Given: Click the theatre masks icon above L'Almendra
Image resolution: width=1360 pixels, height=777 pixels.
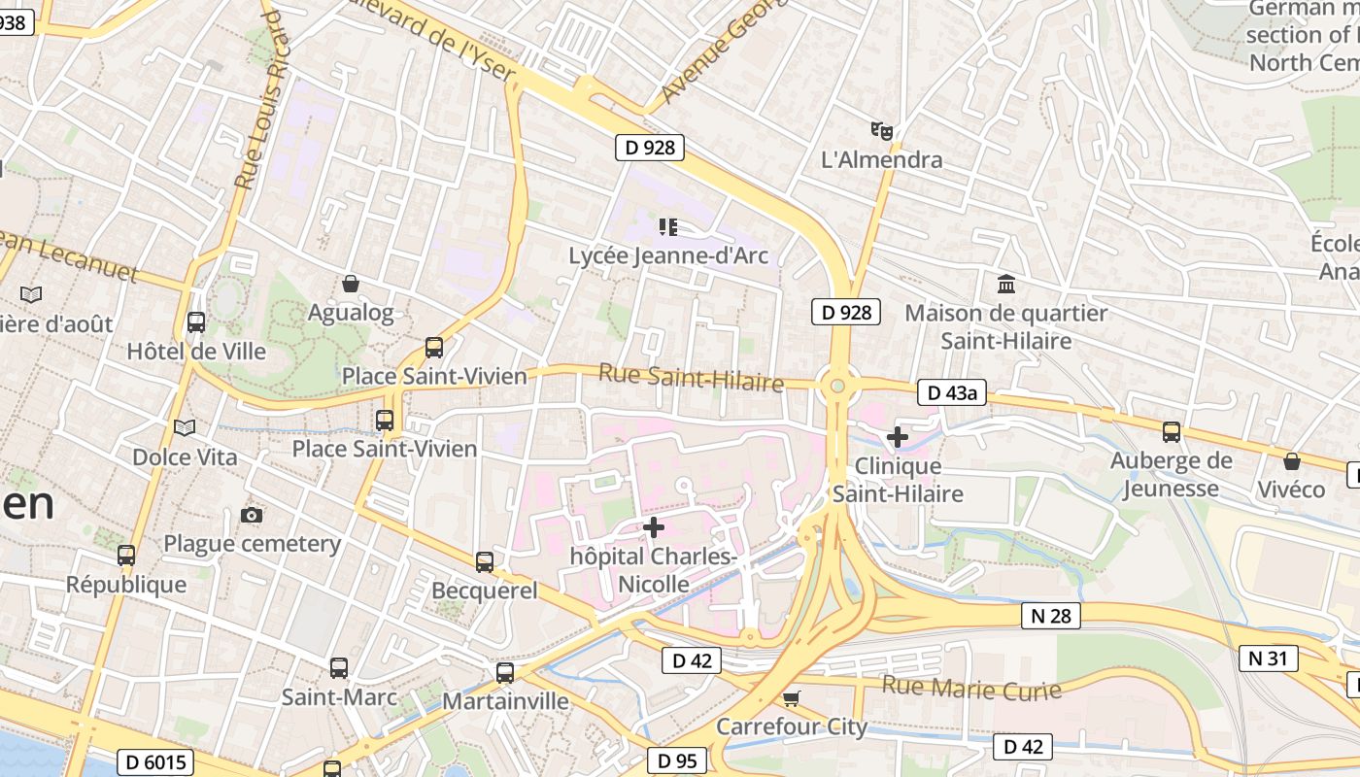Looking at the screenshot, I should click(x=881, y=130).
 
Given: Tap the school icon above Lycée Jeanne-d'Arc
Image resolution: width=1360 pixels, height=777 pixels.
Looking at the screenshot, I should click(x=667, y=227).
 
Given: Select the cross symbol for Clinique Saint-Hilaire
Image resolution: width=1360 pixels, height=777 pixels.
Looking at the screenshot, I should click(x=898, y=437).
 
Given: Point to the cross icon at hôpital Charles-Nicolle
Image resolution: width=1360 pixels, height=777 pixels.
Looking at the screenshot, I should click(x=655, y=527).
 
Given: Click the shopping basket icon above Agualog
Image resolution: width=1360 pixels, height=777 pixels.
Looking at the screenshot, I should click(x=351, y=284).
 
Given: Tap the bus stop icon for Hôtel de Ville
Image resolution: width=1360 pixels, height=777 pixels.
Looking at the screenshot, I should click(x=196, y=321).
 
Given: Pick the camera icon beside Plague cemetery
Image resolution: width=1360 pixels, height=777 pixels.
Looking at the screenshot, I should click(x=252, y=515).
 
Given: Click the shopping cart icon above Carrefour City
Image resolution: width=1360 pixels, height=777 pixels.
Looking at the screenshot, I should click(x=792, y=698).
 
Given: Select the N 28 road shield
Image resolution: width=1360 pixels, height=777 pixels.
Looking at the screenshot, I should click(x=1051, y=616).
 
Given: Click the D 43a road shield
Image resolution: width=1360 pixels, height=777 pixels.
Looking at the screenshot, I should click(x=952, y=392).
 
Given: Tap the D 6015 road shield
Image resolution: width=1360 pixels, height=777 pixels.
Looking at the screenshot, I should click(x=155, y=761).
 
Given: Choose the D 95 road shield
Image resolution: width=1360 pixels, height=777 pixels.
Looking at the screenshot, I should click(x=676, y=761).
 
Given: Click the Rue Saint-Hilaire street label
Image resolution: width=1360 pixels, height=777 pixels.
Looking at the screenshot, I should click(x=691, y=378).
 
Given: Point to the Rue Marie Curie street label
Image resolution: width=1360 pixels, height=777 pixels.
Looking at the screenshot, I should click(x=970, y=689).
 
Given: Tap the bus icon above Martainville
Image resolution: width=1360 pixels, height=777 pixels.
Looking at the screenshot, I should click(x=505, y=672).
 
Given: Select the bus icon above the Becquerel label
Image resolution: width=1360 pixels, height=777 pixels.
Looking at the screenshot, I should click(x=485, y=561).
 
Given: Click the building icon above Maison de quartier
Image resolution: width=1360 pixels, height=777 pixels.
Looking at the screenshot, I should click(x=1006, y=285).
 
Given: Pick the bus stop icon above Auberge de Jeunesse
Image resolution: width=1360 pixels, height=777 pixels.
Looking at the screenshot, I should click(x=1172, y=431).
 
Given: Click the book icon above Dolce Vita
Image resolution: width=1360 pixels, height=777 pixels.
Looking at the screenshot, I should click(x=184, y=427).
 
